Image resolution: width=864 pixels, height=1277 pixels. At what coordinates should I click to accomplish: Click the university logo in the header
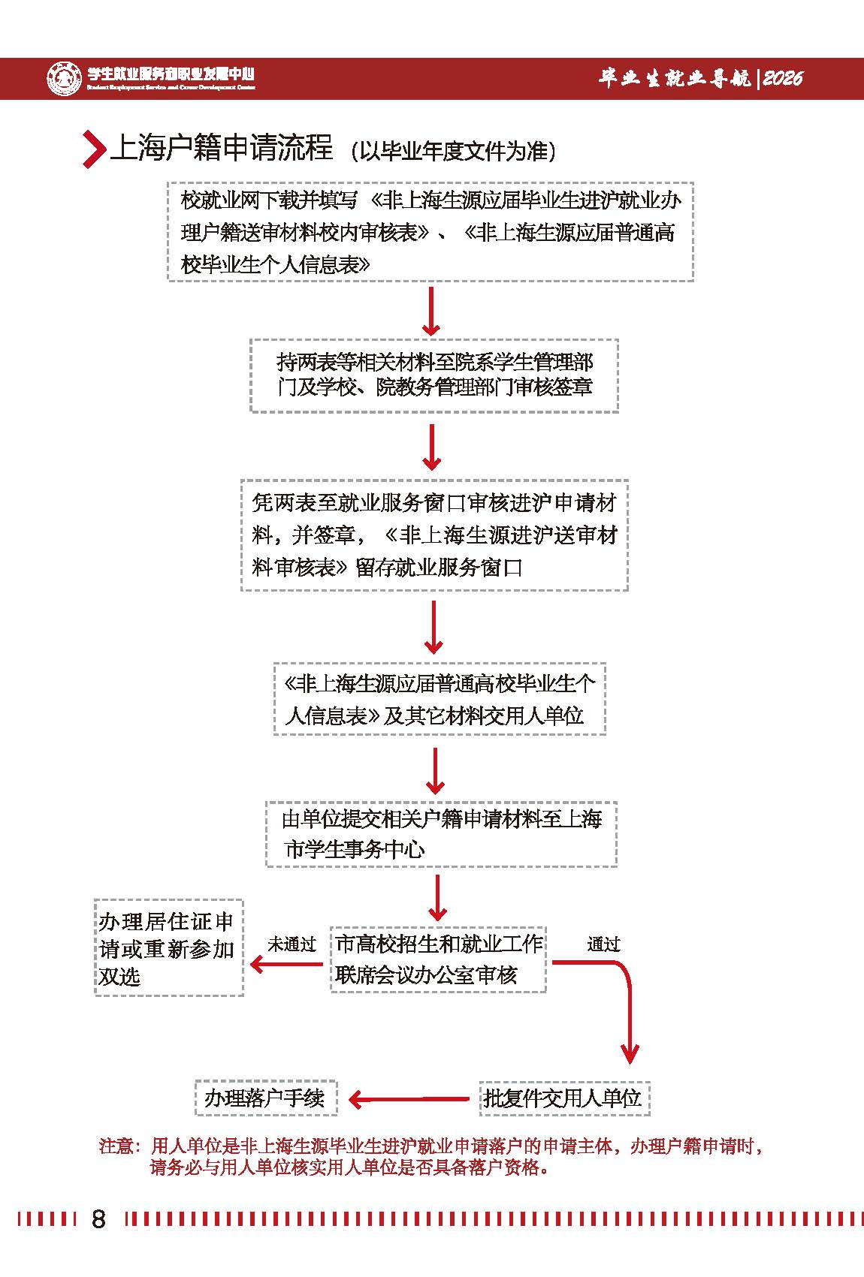(64, 78)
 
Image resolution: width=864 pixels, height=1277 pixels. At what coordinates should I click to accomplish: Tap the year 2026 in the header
(783, 78)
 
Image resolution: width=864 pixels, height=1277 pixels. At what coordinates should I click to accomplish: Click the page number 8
(98, 1218)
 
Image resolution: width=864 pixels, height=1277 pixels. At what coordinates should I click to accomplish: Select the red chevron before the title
(93, 149)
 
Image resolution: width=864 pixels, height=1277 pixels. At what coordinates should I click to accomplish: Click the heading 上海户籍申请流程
(222, 148)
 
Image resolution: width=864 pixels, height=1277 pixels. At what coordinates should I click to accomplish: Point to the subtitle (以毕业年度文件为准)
(453, 151)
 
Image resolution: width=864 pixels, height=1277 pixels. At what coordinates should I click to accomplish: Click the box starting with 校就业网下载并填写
(430, 232)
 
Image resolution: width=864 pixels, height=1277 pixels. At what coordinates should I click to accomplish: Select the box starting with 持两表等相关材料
(434, 375)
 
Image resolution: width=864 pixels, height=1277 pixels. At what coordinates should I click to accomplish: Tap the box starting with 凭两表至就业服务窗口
(434, 535)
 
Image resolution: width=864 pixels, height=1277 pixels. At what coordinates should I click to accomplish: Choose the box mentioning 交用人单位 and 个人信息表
(439, 699)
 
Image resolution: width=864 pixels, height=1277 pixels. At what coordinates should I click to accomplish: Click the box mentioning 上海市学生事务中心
(441, 834)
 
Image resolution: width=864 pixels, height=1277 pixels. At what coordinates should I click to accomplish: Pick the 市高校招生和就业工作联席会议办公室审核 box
(438, 959)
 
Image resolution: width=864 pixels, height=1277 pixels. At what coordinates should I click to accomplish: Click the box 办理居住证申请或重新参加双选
(168, 948)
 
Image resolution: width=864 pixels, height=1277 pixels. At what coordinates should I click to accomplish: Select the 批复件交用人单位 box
(563, 1098)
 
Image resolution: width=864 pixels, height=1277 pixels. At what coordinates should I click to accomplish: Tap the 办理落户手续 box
(265, 1098)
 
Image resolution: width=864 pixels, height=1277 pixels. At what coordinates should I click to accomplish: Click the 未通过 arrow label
(292, 944)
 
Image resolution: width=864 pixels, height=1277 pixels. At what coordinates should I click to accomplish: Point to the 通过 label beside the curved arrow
(603, 944)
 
